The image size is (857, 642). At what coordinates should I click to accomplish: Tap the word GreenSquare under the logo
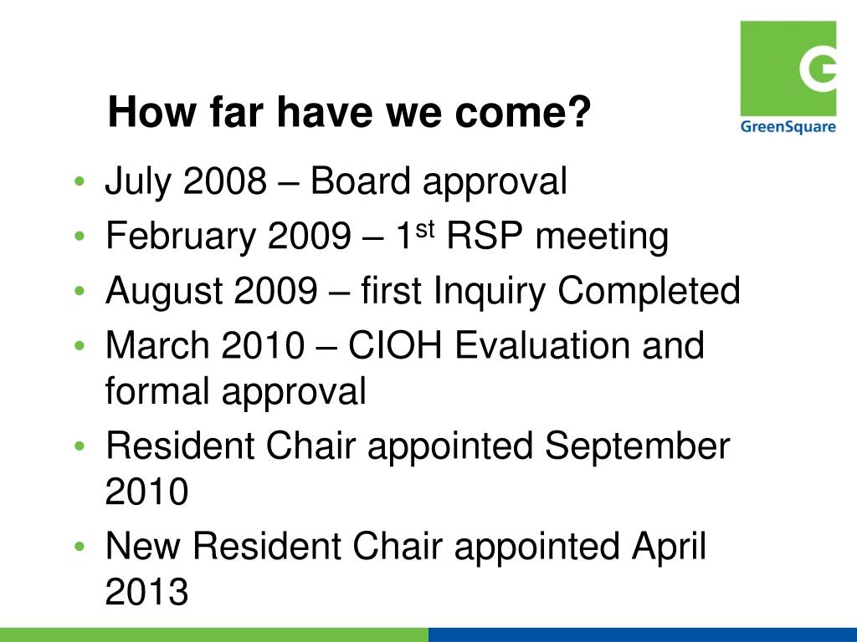pyautogui.click(x=788, y=127)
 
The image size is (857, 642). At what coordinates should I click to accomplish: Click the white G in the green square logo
pyautogui.click(x=819, y=68)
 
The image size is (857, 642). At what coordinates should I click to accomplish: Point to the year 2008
pyautogui.click(x=224, y=181)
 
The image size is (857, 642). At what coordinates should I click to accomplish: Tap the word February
pyautogui.click(x=181, y=237)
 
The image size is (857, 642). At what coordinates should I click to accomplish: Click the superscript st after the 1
pyautogui.click(x=425, y=231)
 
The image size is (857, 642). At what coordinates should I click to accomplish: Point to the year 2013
pyautogui.click(x=146, y=591)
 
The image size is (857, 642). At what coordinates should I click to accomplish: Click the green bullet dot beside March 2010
pyautogui.click(x=80, y=346)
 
